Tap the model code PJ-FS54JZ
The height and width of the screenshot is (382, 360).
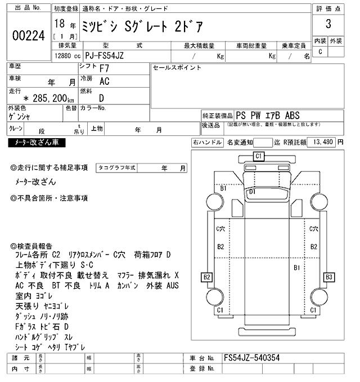pyautogui.click(x=118, y=56)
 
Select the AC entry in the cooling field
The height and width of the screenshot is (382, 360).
pyautogui.click(x=104, y=81)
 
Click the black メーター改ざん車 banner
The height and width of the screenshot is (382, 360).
pyautogui.click(x=37, y=143)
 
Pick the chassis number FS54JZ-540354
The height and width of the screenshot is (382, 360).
pyautogui.click(x=253, y=357)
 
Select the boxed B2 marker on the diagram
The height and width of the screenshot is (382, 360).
pyautogui.click(x=207, y=277)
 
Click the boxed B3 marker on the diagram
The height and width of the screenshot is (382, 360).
pyautogui.click(x=329, y=277)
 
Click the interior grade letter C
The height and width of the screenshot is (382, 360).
pyautogui.click(x=321, y=52)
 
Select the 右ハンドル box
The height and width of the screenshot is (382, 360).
pyautogui.click(x=206, y=143)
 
